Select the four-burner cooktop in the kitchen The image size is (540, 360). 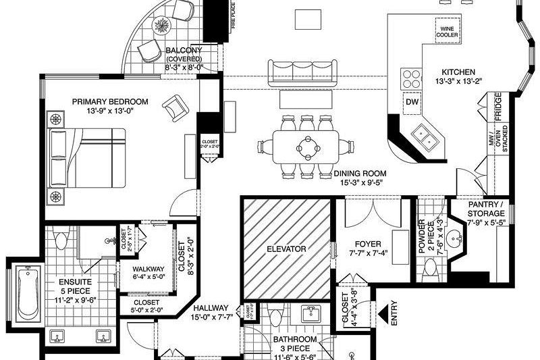[x=410, y=78]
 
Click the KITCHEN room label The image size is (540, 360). [x=458, y=72]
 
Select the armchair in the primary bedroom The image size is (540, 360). [x=175, y=106]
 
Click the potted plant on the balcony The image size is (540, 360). [x=163, y=26]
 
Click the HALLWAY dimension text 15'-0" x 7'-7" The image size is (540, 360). [x=213, y=317]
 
